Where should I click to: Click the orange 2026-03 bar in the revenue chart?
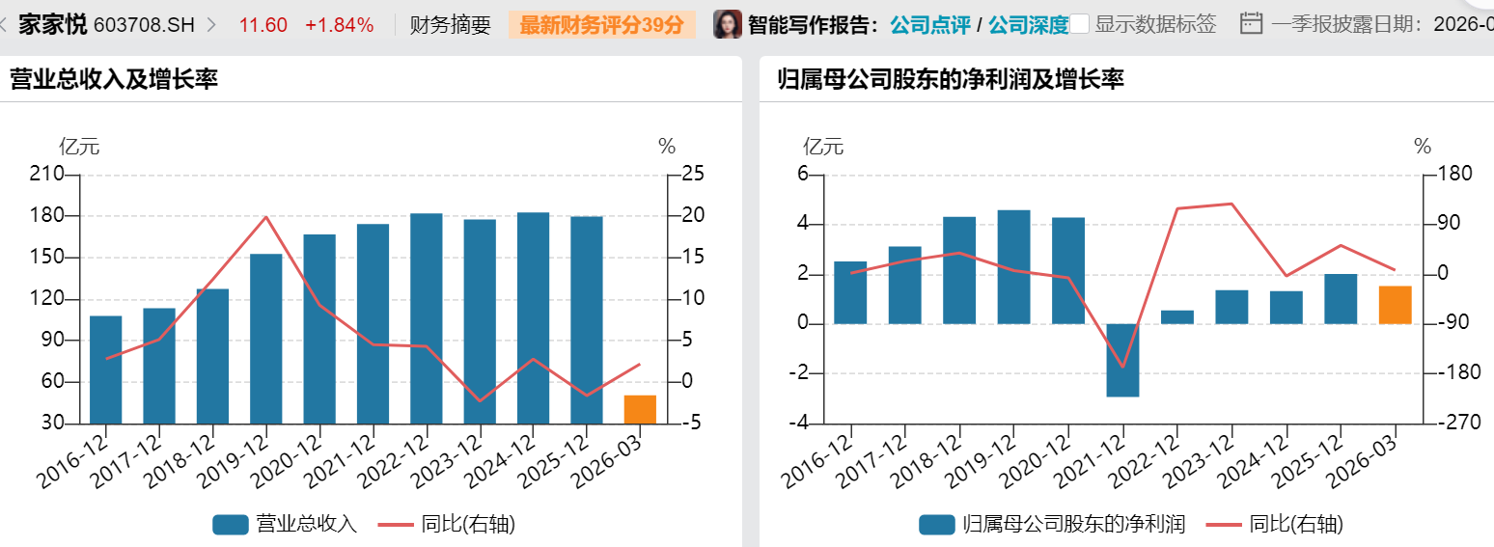[x=640, y=409]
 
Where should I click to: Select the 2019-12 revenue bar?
[x=266, y=338]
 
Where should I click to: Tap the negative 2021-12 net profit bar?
[x=1122, y=360]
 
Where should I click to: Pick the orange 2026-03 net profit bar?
[x=1395, y=305]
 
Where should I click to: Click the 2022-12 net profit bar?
[x=1176, y=317]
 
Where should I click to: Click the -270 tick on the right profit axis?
[x=1451, y=423]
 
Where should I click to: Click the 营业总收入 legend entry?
[x=286, y=524]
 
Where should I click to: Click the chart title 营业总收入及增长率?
[x=114, y=79]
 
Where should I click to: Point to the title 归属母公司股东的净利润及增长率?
[x=950, y=79]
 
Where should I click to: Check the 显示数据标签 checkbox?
[x=1080, y=24]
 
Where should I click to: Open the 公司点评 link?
[x=929, y=25]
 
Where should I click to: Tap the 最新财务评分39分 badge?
[x=602, y=25]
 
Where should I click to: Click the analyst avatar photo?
[x=727, y=24]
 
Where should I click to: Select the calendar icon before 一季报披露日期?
[x=1251, y=24]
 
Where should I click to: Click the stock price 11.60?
[x=263, y=25]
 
